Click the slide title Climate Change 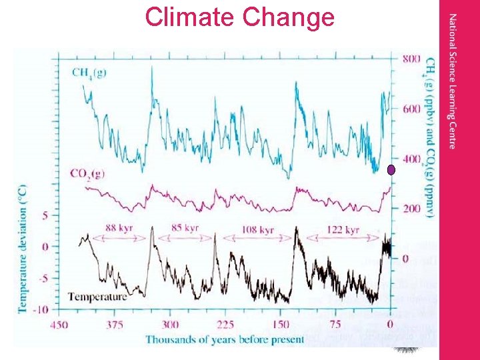(x=239, y=17)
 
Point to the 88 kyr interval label (x=119, y=229)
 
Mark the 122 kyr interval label (x=343, y=230)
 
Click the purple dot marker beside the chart (x=392, y=171)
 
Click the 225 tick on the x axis (x=225, y=325)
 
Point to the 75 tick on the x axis (x=335, y=325)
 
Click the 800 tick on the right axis (x=411, y=59)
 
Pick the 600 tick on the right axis (x=411, y=109)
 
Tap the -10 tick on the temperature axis (x=41, y=309)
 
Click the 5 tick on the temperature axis (x=44, y=215)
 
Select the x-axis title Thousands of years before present (x=225, y=339)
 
